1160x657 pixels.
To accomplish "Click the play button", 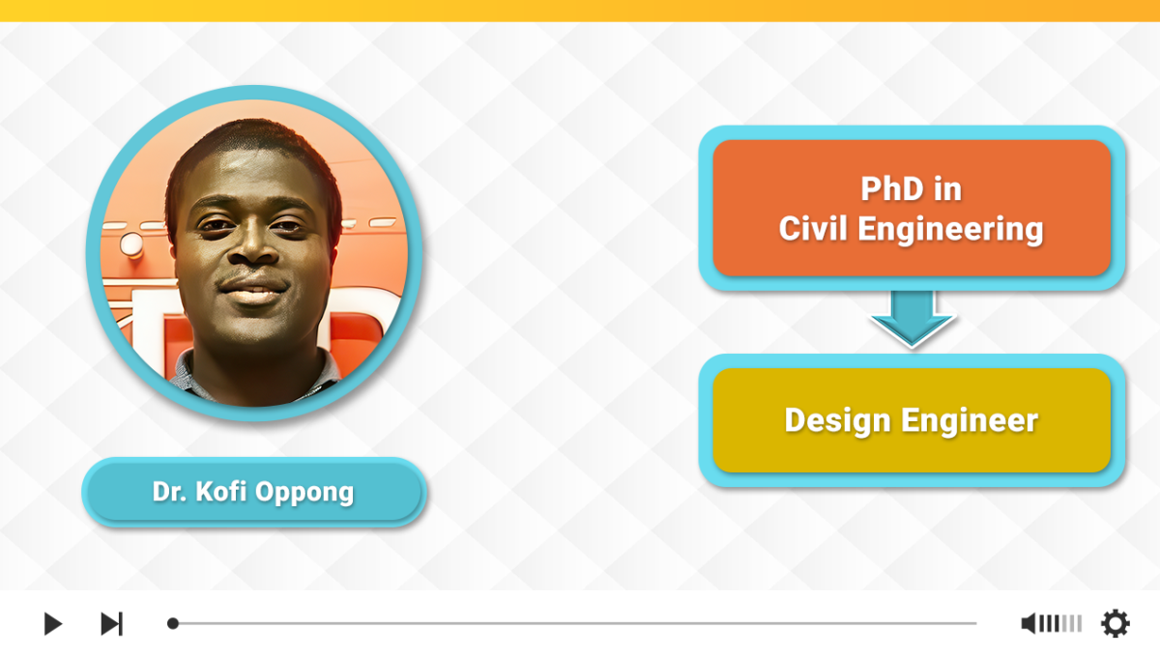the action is point(53,623).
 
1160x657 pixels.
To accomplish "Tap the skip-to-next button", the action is point(112,623).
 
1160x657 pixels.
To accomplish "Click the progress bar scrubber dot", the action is point(173,623).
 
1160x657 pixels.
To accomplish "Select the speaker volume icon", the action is point(1029,623).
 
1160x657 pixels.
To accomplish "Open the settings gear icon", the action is point(1115,623).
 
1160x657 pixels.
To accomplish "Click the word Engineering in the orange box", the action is point(950,230).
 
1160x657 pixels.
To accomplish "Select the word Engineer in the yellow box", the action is point(970,420).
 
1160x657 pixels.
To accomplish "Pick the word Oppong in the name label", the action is point(304,493).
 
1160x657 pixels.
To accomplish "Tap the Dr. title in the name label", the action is point(169,492).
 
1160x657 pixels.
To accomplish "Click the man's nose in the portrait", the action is point(253,243).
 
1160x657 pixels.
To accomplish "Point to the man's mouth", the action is point(253,290).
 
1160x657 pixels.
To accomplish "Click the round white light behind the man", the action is point(131,243).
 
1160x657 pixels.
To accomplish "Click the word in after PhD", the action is point(947,188).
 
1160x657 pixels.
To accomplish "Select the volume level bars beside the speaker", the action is point(1060,623).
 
